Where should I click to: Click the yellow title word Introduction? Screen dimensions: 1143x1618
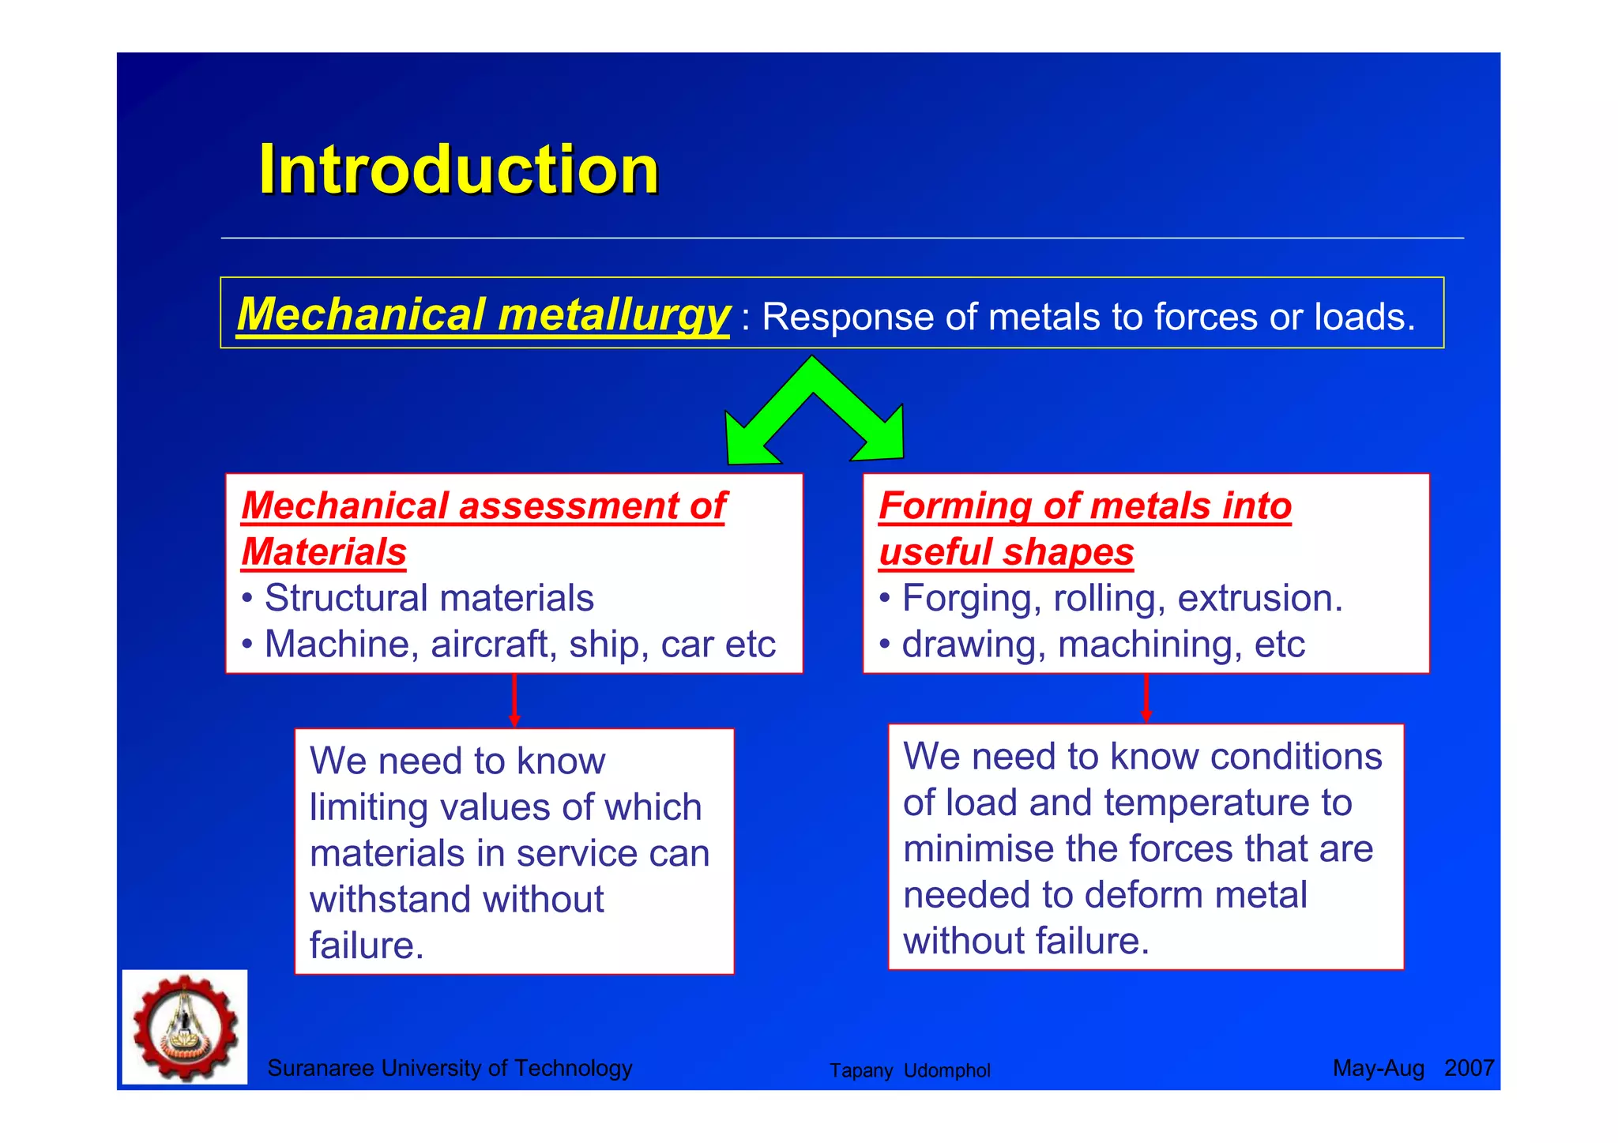pos(458,170)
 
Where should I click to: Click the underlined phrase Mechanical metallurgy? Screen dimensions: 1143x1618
pos(482,314)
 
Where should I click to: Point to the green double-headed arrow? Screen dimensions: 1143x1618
pos(814,411)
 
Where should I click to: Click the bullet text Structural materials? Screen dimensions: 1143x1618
pos(428,598)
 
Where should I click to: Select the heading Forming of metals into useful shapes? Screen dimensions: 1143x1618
pos(1084,528)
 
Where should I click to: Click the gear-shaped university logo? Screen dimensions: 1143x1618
pos(185,1027)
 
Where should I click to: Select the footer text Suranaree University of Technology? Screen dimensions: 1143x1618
pos(450,1068)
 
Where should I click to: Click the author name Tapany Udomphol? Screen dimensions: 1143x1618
pos(909,1070)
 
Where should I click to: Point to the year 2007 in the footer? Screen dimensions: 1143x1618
pos(1468,1068)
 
